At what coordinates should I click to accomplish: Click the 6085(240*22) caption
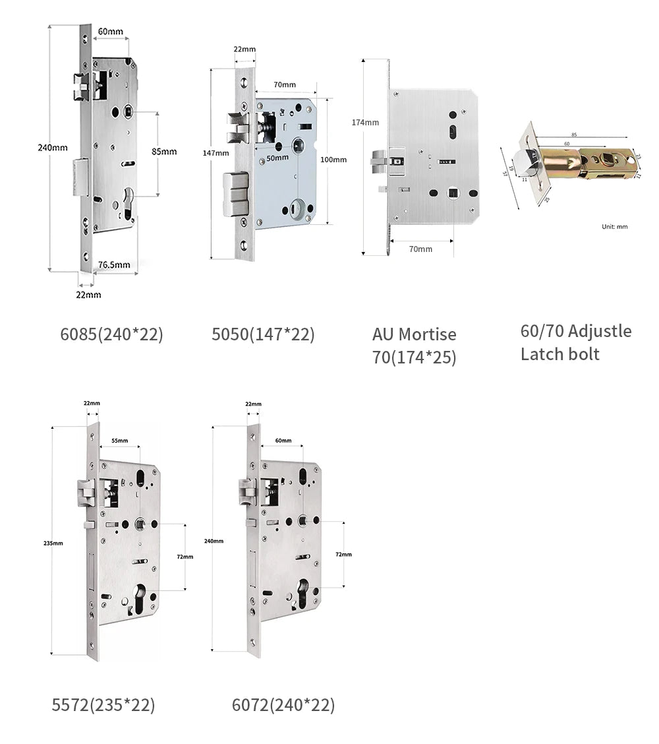click(x=111, y=334)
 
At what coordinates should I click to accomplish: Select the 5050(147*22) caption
click(x=263, y=334)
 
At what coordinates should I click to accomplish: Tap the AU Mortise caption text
click(x=414, y=334)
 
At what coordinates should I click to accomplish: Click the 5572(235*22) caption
click(x=103, y=705)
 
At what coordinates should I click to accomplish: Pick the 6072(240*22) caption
click(x=283, y=705)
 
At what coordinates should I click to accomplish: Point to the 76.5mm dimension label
click(x=114, y=265)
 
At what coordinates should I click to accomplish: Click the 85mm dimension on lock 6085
click(x=164, y=151)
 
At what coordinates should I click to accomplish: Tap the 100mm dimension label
click(x=333, y=160)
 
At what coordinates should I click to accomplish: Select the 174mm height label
click(x=365, y=122)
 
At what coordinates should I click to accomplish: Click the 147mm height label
click(x=215, y=153)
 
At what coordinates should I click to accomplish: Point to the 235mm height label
click(x=53, y=543)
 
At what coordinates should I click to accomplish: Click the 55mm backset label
click(x=119, y=440)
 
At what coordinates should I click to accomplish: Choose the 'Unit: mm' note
click(x=614, y=226)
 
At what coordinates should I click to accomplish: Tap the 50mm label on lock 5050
click(x=277, y=158)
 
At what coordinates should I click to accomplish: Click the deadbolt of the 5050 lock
click(x=235, y=194)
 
